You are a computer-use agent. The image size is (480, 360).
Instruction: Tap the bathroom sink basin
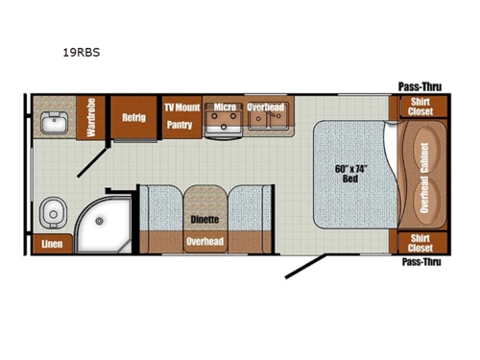coord(53,123)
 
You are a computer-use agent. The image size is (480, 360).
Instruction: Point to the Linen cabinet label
coord(52,245)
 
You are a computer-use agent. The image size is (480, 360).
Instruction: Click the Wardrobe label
coord(92,118)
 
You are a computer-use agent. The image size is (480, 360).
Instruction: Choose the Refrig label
coord(133,118)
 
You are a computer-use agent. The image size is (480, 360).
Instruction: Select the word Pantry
coord(180,124)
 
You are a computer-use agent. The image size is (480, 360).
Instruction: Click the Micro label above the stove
coord(225,108)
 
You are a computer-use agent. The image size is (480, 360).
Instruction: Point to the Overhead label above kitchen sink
coord(264,108)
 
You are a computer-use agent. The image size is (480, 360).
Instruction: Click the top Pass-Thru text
coord(419,86)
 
